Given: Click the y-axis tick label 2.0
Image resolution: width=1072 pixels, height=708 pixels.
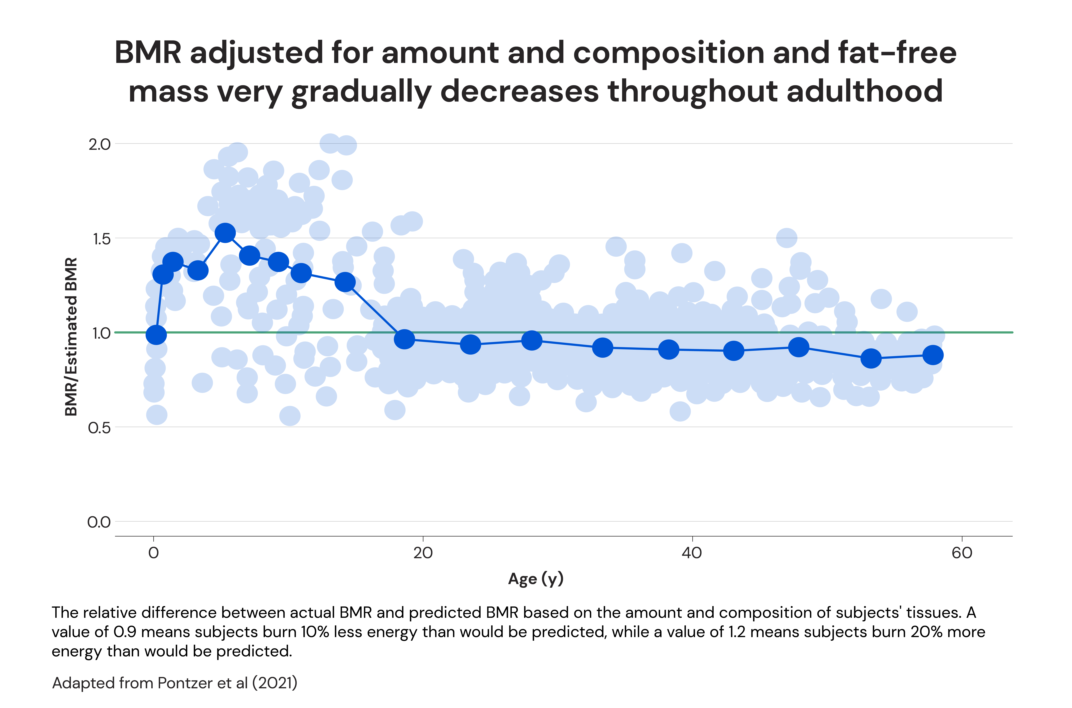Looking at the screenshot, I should click(99, 145).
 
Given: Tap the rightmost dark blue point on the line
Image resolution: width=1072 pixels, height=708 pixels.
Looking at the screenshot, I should click(933, 355).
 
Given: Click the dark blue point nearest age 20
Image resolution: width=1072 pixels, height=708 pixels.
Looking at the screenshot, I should click(404, 339).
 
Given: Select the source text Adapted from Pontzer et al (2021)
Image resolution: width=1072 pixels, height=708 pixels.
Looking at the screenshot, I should click(175, 683).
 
